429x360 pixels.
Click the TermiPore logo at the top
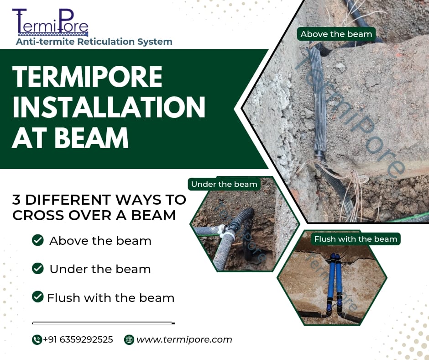[50, 22]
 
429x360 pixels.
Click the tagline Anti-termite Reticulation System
[94, 42]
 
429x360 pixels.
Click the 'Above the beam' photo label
[336, 34]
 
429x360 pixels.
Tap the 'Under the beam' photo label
[224, 184]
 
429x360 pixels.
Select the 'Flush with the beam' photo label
[356, 239]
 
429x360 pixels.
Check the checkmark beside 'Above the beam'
[38, 240]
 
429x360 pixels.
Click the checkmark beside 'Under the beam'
[38, 269]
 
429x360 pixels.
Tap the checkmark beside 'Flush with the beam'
[38, 296]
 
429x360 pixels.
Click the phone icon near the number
[37, 339]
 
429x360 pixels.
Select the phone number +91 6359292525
[78, 339]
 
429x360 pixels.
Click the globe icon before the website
[129, 339]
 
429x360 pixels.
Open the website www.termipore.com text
[184, 339]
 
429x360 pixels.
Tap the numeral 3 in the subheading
[16, 200]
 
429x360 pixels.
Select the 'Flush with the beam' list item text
[111, 298]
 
